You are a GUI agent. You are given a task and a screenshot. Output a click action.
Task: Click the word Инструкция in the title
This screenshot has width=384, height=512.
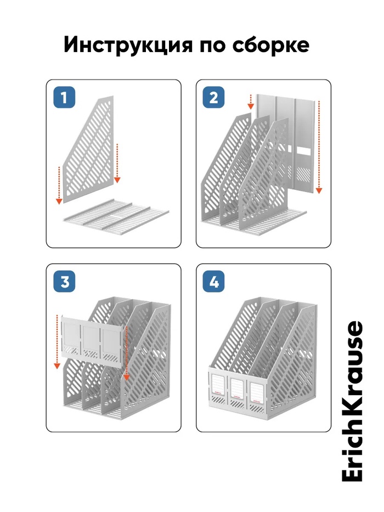128,45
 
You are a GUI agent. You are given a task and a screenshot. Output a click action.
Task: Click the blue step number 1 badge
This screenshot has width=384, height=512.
64,97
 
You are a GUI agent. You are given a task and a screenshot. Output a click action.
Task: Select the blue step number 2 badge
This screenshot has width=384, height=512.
213,97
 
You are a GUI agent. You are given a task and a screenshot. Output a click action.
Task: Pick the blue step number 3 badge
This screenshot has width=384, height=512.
64,282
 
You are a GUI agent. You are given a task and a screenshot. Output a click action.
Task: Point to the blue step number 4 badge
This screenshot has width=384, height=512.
213,282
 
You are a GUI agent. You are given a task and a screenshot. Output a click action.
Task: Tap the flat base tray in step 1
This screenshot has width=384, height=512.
116,215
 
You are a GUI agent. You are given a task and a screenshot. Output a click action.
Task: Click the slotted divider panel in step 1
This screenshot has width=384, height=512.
88,149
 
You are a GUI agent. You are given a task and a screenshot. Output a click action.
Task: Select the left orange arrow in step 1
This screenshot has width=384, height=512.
59,185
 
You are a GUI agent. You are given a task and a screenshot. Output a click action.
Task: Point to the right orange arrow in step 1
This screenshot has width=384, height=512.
117,162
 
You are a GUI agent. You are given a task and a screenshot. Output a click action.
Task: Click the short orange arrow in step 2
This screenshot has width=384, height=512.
251,102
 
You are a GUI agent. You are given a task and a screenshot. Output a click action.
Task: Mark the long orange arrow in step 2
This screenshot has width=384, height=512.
319,147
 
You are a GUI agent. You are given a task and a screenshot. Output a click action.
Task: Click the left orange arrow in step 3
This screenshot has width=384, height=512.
57,342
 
